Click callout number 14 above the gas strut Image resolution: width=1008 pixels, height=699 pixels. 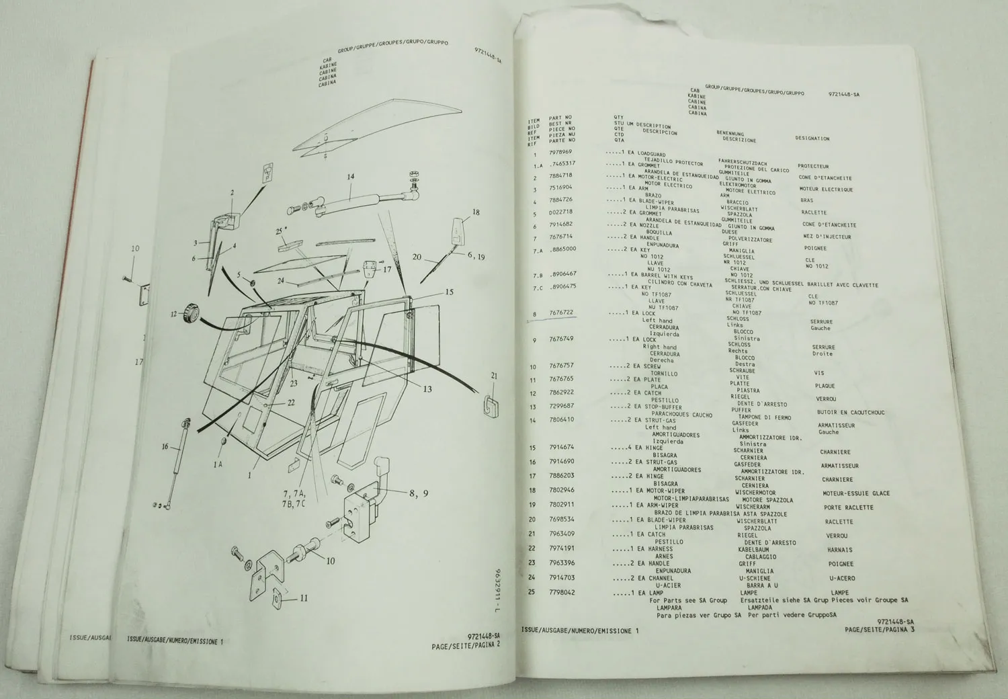[350, 177]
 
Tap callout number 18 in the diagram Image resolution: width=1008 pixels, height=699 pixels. [476, 212]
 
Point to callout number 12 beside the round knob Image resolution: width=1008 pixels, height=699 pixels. [173, 313]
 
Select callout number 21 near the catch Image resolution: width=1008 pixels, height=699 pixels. [494, 376]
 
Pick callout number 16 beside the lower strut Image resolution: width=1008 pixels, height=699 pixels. [165, 446]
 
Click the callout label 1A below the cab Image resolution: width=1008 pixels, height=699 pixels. [218, 464]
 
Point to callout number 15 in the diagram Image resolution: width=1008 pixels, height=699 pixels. [449, 293]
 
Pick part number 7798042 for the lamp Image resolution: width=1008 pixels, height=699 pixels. [563, 593]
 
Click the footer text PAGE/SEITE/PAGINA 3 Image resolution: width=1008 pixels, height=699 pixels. [882, 629]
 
